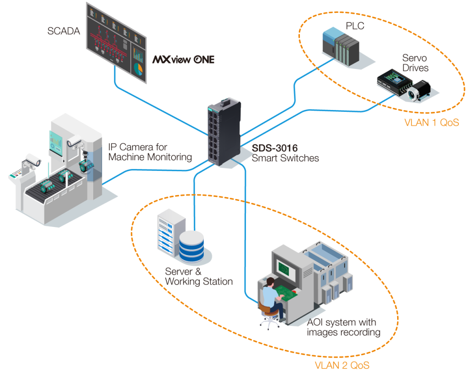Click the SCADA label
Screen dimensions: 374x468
(x=64, y=31)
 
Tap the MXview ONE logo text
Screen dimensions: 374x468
(x=183, y=60)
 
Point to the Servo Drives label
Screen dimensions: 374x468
(x=415, y=63)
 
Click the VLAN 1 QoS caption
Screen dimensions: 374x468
(x=431, y=123)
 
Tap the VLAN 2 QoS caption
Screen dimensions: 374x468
(x=342, y=365)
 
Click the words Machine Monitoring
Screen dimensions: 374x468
(x=150, y=157)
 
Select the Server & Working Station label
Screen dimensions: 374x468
(x=199, y=277)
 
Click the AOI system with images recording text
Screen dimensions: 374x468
(x=343, y=327)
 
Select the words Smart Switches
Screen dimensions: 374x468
(x=285, y=158)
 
